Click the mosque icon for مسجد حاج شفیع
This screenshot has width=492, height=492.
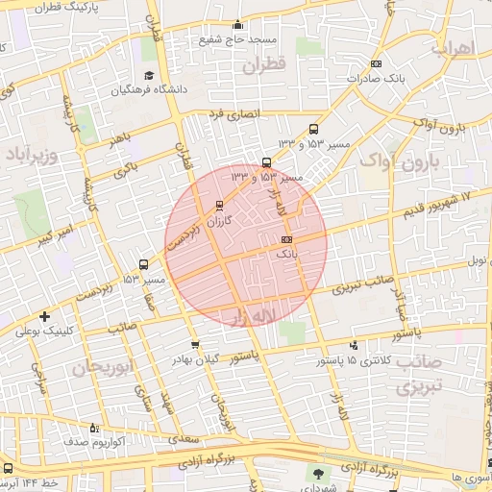tap(238, 25)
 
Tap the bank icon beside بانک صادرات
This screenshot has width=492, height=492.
tap(375, 64)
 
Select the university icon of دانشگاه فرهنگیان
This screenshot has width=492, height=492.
tap(148, 76)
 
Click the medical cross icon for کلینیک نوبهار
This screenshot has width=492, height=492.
tap(44, 316)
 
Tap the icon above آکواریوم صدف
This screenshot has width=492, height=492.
tap(93, 428)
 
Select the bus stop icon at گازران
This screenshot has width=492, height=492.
tap(220, 205)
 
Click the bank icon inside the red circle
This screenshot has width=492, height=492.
tap(286, 239)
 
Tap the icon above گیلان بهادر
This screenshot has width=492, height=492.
tap(196, 344)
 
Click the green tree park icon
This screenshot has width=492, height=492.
tap(318, 474)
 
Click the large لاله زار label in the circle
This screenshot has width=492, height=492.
tap(248, 315)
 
